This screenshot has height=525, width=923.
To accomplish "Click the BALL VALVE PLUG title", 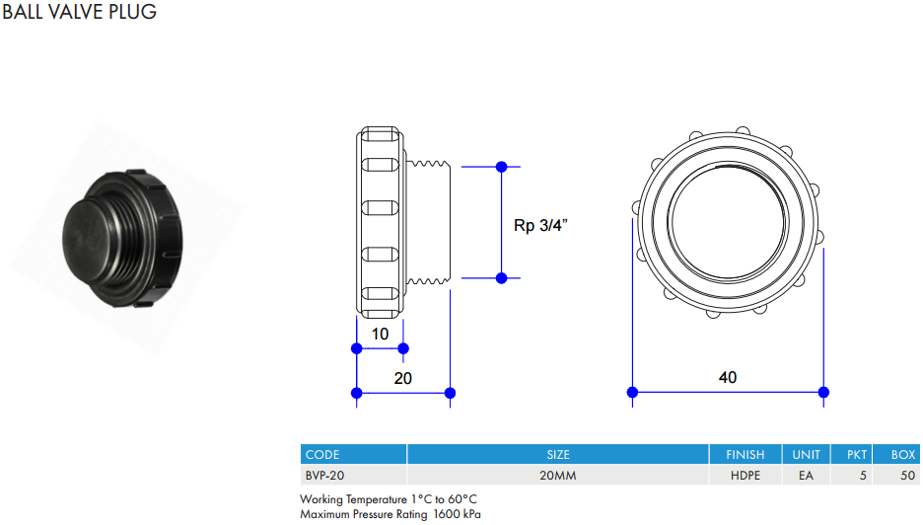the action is click(x=80, y=11).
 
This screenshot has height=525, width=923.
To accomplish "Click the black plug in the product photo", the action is click(x=122, y=238).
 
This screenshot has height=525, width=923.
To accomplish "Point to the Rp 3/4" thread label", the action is click(x=540, y=225).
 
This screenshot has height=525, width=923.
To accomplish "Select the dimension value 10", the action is click(x=380, y=335).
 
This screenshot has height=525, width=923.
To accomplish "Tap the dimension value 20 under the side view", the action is click(x=402, y=378).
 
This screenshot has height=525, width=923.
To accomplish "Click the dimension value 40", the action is click(x=728, y=377).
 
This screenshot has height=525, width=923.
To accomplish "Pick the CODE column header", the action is click(x=322, y=455).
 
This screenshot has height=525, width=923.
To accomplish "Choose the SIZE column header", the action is click(x=558, y=455).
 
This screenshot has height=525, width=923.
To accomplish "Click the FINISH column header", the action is click(x=745, y=455).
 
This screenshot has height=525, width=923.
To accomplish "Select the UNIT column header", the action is click(x=806, y=455).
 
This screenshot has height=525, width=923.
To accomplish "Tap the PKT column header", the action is click(x=857, y=455).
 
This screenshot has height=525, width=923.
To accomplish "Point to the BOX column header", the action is click(x=903, y=455).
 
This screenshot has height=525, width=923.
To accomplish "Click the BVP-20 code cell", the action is click(x=325, y=476).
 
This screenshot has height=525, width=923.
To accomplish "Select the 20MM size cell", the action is click(x=558, y=476).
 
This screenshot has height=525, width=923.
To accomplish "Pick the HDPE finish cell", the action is click(x=745, y=476).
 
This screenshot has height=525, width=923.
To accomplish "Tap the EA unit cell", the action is click(x=806, y=476).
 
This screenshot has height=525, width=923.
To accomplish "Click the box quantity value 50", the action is click(x=907, y=476).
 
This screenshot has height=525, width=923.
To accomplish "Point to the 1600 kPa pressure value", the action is click(x=457, y=514).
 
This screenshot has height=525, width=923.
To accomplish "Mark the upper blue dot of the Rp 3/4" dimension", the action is click(x=502, y=167).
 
